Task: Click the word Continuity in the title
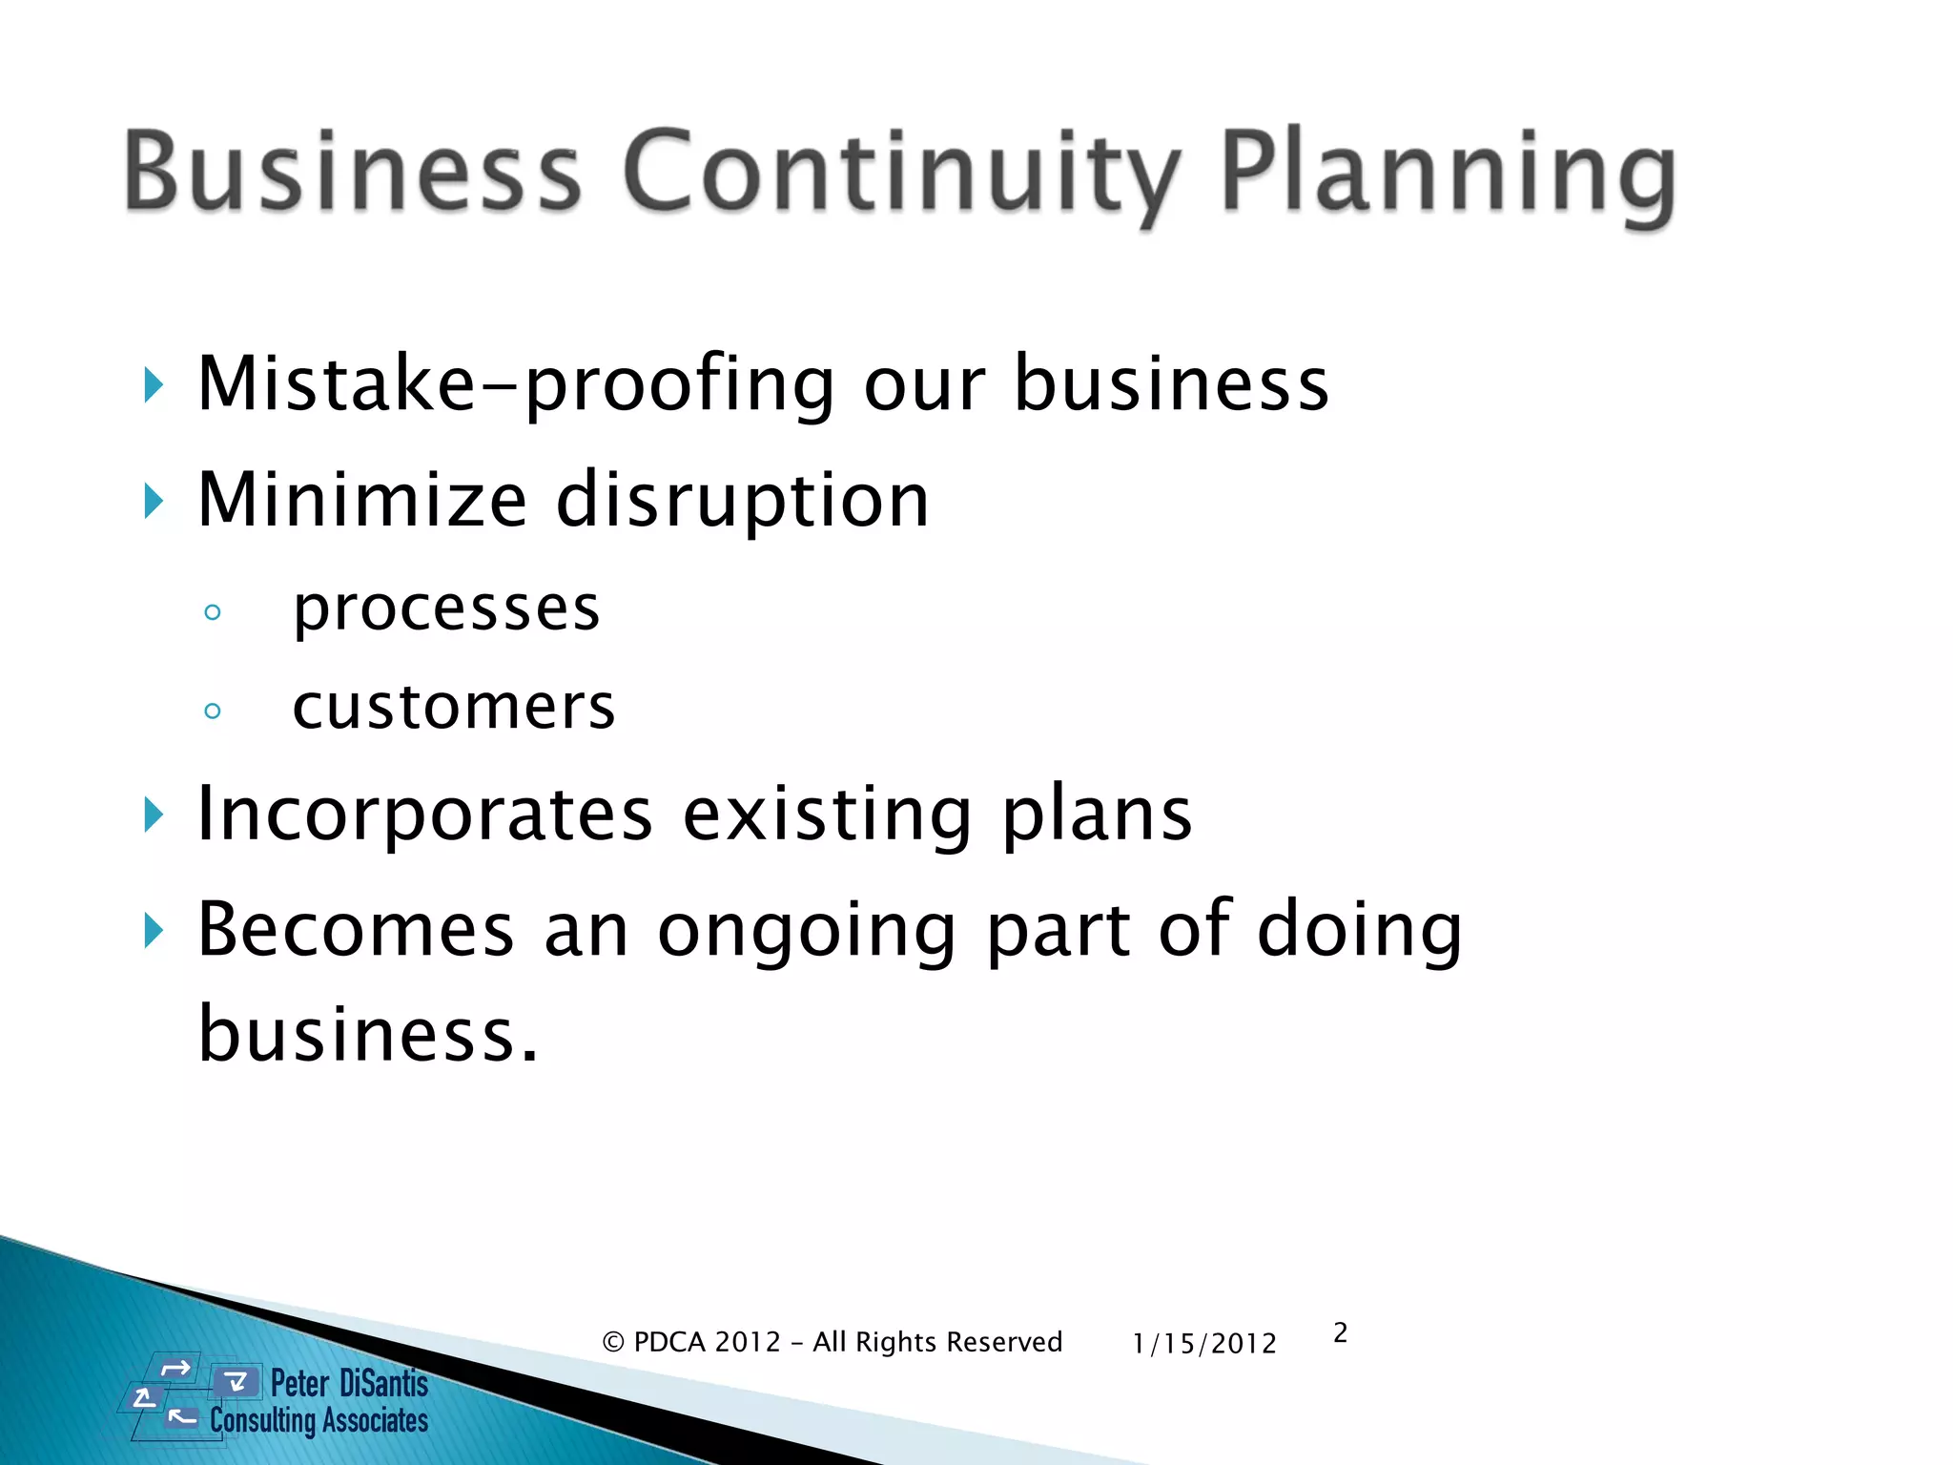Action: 901,172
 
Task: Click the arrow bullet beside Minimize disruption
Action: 153,501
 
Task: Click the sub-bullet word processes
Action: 446,609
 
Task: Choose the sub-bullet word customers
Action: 454,708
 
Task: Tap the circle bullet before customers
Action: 213,711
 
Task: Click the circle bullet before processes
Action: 213,612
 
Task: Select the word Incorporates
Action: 424,815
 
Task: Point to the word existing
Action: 827,815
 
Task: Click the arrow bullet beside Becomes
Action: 153,930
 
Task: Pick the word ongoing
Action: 807,932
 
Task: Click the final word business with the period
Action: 368,1035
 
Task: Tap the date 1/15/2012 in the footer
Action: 1203,1343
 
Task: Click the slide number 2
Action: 1340,1332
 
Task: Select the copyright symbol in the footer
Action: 613,1343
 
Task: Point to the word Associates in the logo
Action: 373,1421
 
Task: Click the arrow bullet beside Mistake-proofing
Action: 153,386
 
